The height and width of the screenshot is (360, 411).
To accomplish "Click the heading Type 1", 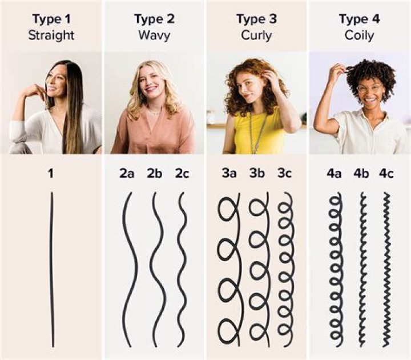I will point(51,19).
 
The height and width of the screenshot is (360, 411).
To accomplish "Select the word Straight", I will point(51,35).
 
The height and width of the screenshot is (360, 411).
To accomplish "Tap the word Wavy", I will point(154,35).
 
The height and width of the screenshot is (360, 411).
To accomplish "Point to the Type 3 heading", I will point(256,19).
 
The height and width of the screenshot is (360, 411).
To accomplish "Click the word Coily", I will point(359,35).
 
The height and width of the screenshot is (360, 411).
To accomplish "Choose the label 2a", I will point(127,173).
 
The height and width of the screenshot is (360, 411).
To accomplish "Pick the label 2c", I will point(182,173).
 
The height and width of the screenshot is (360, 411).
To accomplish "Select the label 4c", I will point(386,173).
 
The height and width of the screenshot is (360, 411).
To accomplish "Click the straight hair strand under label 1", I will point(51,269).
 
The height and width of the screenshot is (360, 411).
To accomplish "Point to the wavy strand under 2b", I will point(156,269).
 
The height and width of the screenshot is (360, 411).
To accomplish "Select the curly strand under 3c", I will point(285,269).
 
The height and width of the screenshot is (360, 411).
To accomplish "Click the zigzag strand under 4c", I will point(386,269).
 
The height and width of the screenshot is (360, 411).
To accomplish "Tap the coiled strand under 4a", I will point(336,269).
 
